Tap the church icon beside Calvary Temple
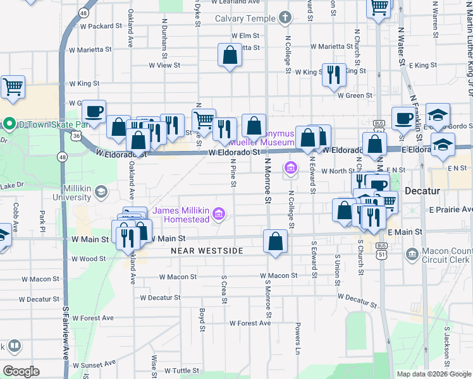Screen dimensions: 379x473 pos(285,18)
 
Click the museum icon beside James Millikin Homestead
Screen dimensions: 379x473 pos(219,215)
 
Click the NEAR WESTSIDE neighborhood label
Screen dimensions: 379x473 pos(207,251)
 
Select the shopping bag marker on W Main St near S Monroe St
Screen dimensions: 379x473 pos(276,241)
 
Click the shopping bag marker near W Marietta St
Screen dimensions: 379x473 pos(230,55)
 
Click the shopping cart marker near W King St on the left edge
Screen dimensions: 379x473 pos(12,87)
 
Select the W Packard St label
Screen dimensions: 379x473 pos(101,26)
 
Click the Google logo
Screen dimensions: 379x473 pos(21,371)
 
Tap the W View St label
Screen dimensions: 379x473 pos(164,64)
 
